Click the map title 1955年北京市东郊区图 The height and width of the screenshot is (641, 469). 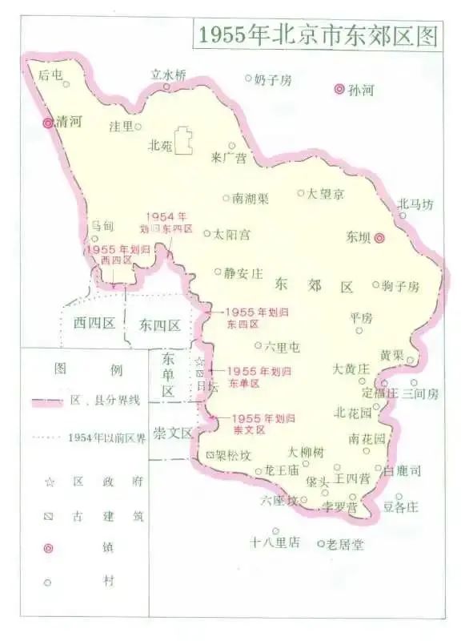317,34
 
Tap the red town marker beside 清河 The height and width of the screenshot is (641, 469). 48,123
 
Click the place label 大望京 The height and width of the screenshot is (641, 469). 327,193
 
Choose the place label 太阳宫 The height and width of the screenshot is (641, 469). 232,234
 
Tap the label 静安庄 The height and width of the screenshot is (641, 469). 243,272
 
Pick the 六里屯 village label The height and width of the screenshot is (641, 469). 283,346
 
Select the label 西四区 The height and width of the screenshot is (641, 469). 94,324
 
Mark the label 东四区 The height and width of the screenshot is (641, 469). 159,325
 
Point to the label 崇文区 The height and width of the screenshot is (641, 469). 174,433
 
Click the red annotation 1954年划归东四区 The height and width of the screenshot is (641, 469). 167,222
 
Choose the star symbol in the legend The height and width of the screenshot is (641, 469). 50,482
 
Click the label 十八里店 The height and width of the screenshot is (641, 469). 275,542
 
